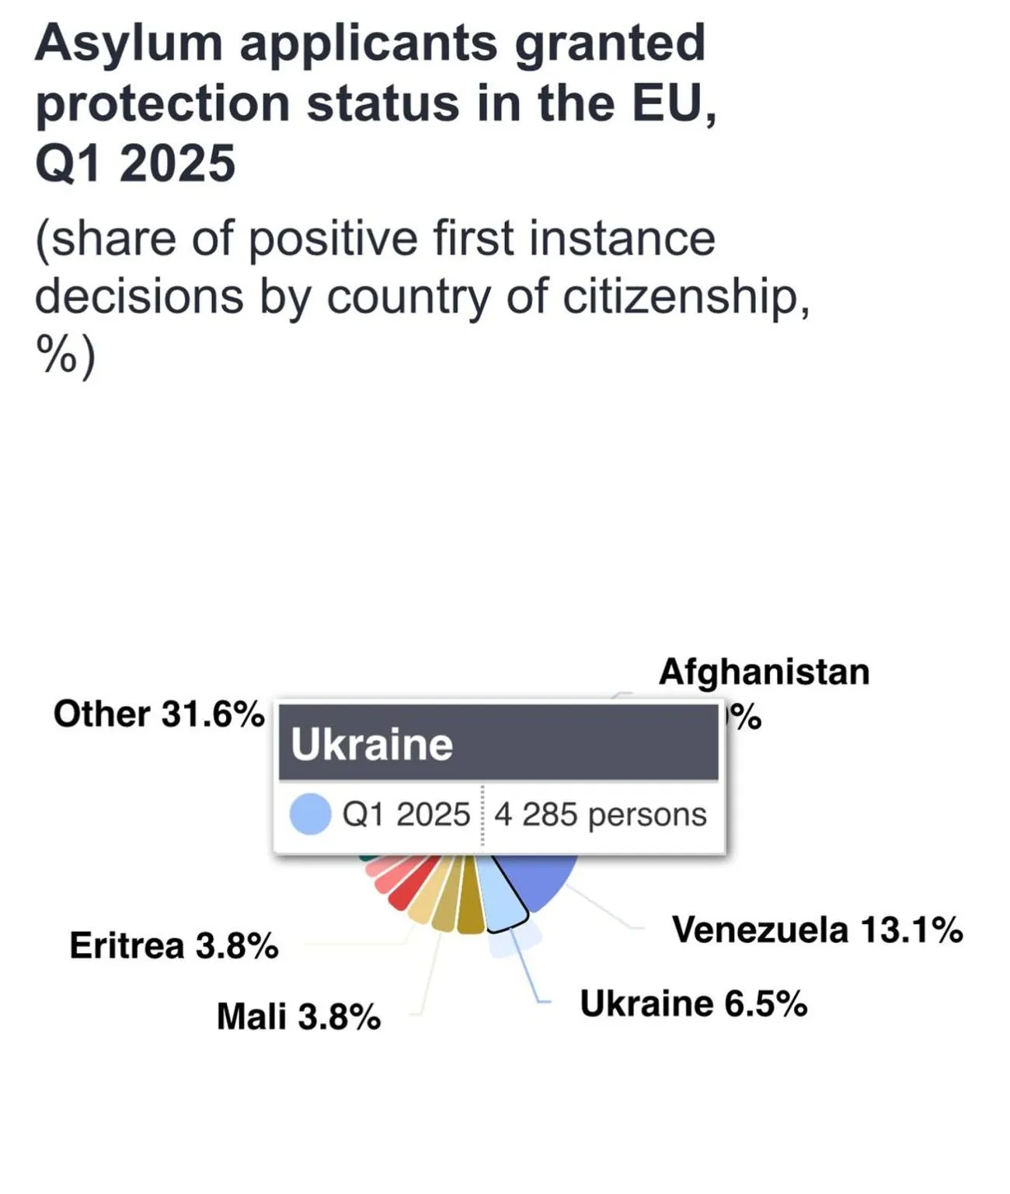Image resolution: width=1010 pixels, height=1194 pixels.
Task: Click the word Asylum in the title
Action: [x=129, y=44]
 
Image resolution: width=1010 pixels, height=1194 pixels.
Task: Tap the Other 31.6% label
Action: [x=158, y=714]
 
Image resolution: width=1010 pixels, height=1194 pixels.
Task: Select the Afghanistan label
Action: [x=764, y=672]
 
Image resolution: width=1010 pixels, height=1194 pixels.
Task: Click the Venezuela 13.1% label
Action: [x=817, y=930]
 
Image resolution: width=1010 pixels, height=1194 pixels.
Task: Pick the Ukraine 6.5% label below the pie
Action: [x=693, y=1004]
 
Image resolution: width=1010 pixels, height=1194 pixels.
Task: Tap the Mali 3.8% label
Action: [x=298, y=1017]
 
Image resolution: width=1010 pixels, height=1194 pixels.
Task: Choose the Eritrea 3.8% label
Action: [x=174, y=946]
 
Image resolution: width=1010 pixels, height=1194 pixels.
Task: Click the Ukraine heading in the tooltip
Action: [x=371, y=745]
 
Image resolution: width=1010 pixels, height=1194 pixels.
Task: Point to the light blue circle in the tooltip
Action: [x=310, y=814]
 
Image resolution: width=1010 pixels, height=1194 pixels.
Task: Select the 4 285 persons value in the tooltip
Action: [x=600, y=815]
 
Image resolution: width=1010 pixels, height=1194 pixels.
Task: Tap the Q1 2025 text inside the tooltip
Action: [x=406, y=815]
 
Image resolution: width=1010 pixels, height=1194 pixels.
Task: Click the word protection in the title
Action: [x=162, y=103]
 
